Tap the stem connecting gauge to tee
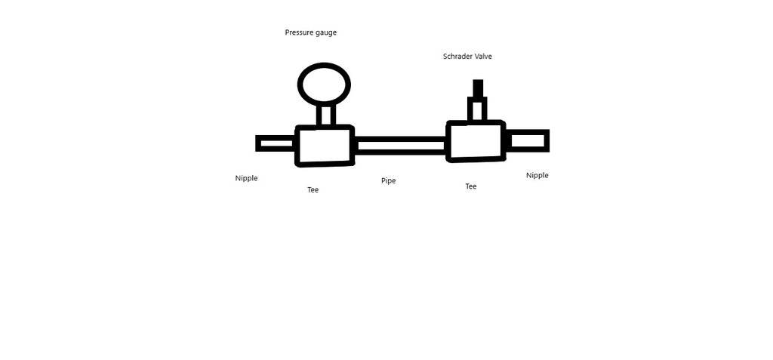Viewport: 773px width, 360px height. click(x=325, y=114)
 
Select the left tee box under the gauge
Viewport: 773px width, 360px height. click(x=325, y=145)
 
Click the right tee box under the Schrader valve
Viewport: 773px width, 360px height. click(x=476, y=140)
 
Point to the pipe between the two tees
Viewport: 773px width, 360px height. click(x=400, y=146)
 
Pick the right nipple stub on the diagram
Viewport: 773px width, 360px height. click(x=528, y=140)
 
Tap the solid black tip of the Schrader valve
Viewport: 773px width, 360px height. click(x=478, y=88)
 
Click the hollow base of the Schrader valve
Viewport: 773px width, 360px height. click(x=477, y=109)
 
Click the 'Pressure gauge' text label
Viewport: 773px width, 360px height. click(x=310, y=32)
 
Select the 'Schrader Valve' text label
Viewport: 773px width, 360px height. click(x=467, y=57)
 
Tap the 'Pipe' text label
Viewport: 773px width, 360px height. click(x=388, y=181)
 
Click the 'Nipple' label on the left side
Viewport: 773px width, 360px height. click(x=246, y=179)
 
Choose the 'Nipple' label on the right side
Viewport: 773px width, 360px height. click(x=537, y=176)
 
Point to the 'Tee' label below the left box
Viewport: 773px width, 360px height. click(x=313, y=190)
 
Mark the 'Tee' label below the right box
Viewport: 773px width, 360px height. click(x=470, y=186)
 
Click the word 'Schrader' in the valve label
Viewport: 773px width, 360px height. click(x=457, y=57)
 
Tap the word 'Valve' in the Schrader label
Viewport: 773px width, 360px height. click(x=483, y=57)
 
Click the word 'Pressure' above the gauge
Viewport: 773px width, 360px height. click(x=299, y=32)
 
